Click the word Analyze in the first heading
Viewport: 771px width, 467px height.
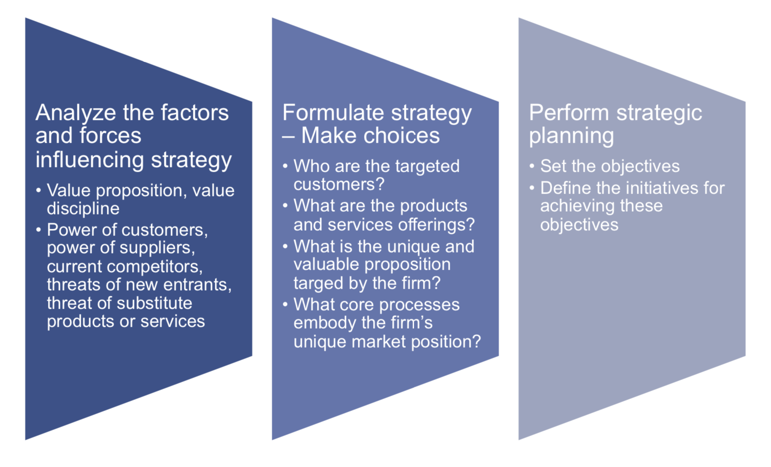[x=76, y=113]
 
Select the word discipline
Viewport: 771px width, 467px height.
[x=83, y=208]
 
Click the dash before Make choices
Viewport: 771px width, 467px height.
[x=288, y=136]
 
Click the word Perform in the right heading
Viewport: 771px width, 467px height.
[x=569, y=113]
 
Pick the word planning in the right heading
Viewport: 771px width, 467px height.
[x=571, y=136]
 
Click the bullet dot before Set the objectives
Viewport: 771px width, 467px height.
[x=532, y=166]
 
